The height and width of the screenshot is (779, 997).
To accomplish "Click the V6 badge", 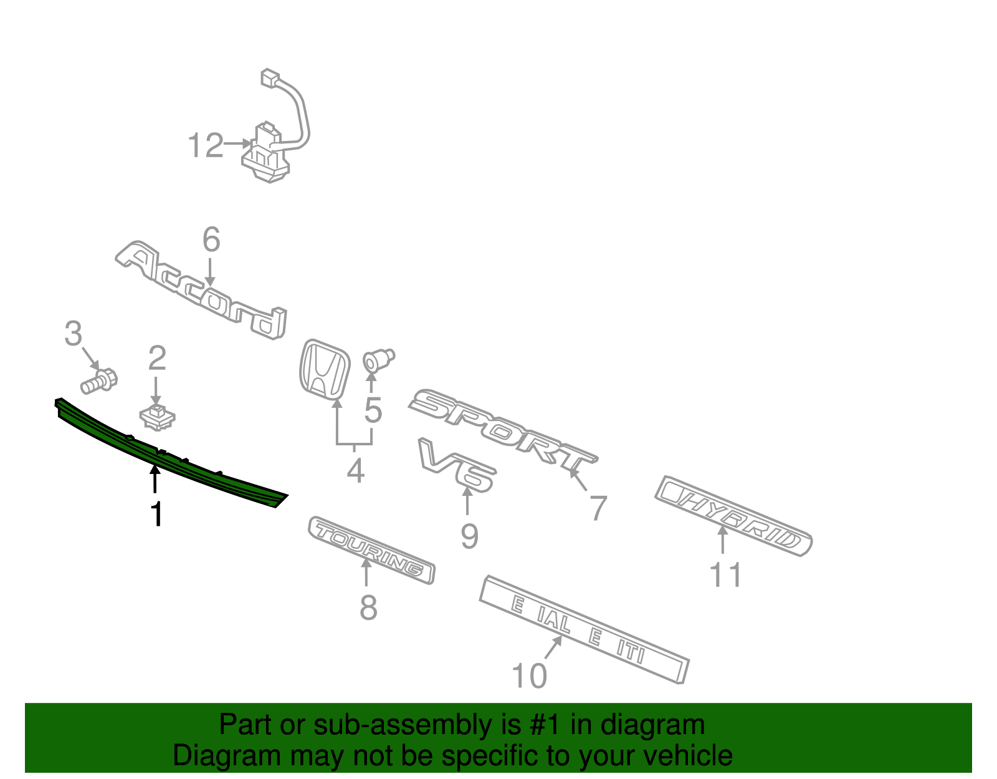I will [458, 465].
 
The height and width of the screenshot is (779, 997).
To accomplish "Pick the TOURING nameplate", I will [371, 548].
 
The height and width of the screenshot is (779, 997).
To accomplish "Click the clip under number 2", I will [157, 416].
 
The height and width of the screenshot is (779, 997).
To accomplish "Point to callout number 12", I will [205, 146].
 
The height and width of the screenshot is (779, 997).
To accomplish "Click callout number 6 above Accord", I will [211, 240].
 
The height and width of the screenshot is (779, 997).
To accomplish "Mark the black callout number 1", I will [156, 515].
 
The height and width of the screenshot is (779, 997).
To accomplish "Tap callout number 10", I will [528, 676].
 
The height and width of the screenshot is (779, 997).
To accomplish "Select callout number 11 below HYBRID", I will [726, 575].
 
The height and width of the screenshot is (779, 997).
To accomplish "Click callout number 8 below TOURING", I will [368, 607].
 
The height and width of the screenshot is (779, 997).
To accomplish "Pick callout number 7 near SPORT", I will [598, 508].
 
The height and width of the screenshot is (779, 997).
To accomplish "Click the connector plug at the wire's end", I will [270, 78].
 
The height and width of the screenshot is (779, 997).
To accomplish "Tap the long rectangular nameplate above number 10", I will [584, 628].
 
